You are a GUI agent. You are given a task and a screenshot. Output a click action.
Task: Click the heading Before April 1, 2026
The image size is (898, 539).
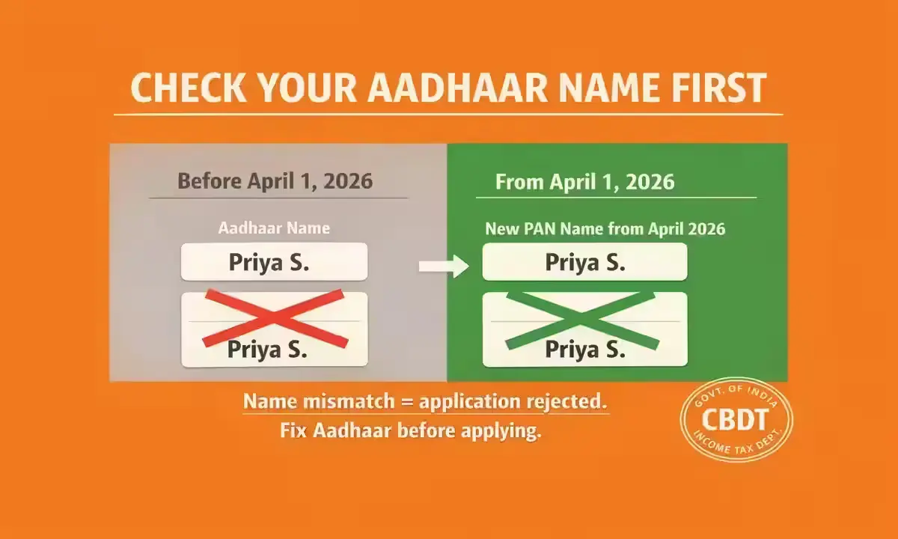click(275, 182)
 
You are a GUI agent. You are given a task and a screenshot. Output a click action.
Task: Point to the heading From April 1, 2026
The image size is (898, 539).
click(584, 182)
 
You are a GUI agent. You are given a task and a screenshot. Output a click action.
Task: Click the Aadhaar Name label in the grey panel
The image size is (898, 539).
click(274, 228)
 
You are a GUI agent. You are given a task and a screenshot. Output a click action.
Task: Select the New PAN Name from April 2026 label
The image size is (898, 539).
click(605, 228)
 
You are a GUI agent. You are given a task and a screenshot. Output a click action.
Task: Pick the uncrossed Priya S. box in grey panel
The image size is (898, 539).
click(274, 262)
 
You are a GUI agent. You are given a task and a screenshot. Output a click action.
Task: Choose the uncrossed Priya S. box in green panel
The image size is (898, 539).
click(584, 262)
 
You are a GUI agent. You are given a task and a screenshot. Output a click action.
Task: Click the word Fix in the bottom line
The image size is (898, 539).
click(294, 430)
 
